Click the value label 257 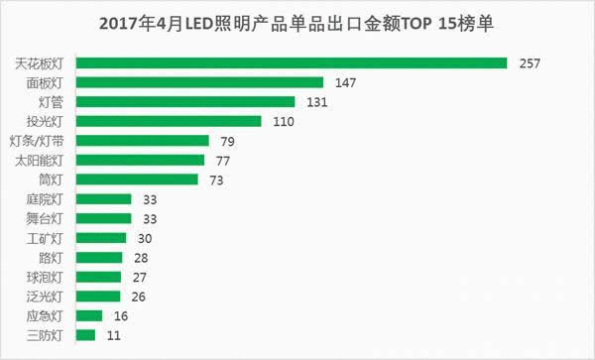(x=532, y=63)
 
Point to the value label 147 (x=345, y=82)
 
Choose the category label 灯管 (x=51, y=101)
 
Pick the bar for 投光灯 (x=169, y=121)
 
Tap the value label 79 (x=226, y=140)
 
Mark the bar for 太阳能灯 (x=140, y=160)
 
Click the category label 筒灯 (x=51, y=180)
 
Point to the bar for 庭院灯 (x=103, y=199)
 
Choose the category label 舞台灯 (x=46, y=218)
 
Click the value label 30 (x=144, y=238)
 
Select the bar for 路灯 (x=99, y=258)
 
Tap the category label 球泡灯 (x=46, y=277)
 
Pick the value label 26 (x=138, y=297)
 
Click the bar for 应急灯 (x=89, y=316)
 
